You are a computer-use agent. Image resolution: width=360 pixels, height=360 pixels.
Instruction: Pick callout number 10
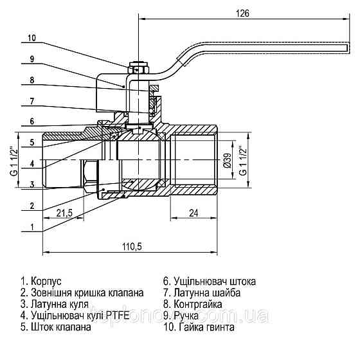pyautogui.click(x=32, y=38)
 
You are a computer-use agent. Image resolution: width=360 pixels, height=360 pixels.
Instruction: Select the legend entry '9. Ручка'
pyautogui.click(x=184, y=316)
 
